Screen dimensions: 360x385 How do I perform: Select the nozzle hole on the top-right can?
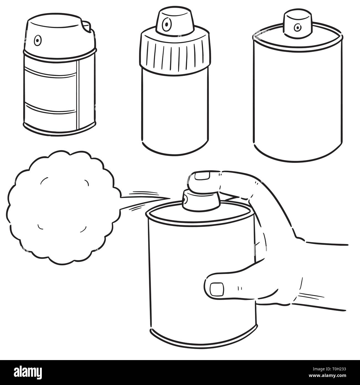point(297,27)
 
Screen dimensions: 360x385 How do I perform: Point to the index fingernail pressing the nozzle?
point(202,176)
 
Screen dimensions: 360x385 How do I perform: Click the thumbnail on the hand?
point(217,290)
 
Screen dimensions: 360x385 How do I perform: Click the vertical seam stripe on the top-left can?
point(78,95)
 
